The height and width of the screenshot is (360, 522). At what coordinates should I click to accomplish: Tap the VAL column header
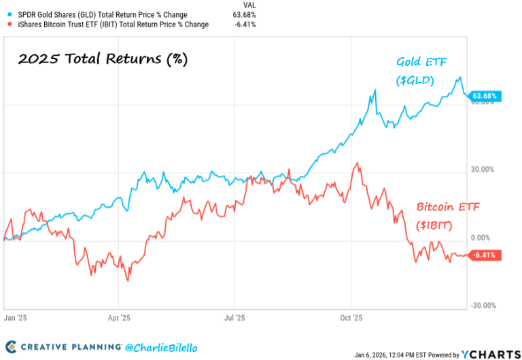click(249, 5)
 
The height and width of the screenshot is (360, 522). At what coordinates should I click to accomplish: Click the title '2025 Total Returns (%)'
click(102, 59)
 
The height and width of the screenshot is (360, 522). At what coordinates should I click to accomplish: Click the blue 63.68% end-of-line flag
click(483, 96)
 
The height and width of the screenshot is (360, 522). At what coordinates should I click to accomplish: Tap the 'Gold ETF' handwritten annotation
click(423, 62)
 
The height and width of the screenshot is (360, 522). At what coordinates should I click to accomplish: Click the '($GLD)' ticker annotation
click(415, 82)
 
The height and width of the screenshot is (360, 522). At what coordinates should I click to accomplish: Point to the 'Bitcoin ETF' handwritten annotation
click(448, 206)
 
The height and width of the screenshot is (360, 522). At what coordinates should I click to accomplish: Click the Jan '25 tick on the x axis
click(14, 317)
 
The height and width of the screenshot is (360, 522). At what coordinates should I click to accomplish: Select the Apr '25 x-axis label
click(120, 317)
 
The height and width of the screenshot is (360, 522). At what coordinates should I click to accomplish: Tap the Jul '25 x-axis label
click(234, 317)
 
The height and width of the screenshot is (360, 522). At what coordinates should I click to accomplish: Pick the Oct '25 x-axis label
click(351, 317)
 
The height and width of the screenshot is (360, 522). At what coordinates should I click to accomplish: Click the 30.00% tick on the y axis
click(485, 170)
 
